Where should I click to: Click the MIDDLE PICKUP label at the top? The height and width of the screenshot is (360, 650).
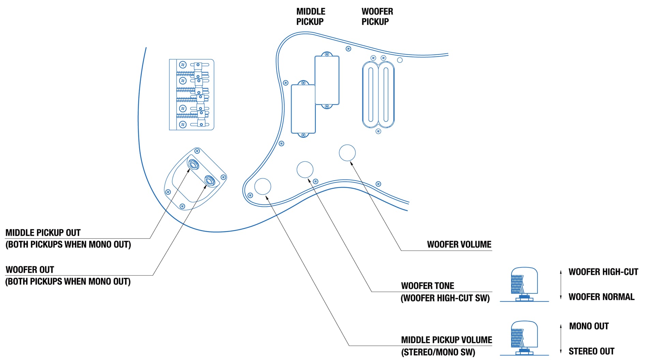pos(310,16)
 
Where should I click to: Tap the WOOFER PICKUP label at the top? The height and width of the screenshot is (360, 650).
pos(377,16)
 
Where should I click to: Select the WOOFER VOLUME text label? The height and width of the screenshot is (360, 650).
pos(459,244)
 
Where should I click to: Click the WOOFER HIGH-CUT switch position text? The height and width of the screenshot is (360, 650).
pos(603,272)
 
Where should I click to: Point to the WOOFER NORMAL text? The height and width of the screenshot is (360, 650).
pos(601,297)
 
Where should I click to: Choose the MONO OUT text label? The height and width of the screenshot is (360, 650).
pos(589,326)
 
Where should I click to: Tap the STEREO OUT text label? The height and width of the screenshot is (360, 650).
pos(591,351)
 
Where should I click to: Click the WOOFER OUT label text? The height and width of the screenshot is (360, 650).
pos(30,270)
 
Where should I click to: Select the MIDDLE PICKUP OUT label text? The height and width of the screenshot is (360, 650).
pos(43,233)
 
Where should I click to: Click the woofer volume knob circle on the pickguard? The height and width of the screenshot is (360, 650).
pos(347,153)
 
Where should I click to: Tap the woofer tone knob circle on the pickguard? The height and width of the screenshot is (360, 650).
pos(305,169)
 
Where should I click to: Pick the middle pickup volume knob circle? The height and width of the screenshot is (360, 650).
pos(263,186)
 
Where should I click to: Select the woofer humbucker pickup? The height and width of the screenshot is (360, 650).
pos(378,95)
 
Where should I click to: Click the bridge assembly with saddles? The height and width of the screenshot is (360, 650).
pos(192,95)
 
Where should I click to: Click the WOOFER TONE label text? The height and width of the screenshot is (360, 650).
pos(428,286)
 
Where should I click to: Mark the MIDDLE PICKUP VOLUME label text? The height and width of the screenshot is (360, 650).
pos(446,340)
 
